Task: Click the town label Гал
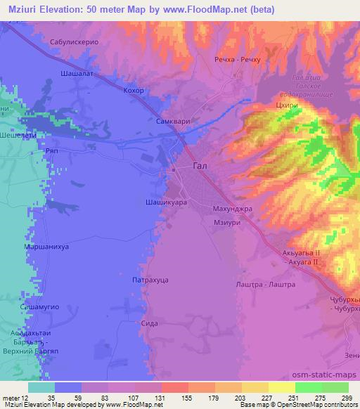click(201, 167)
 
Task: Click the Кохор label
click(133, 91)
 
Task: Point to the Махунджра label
click(231, 209)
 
